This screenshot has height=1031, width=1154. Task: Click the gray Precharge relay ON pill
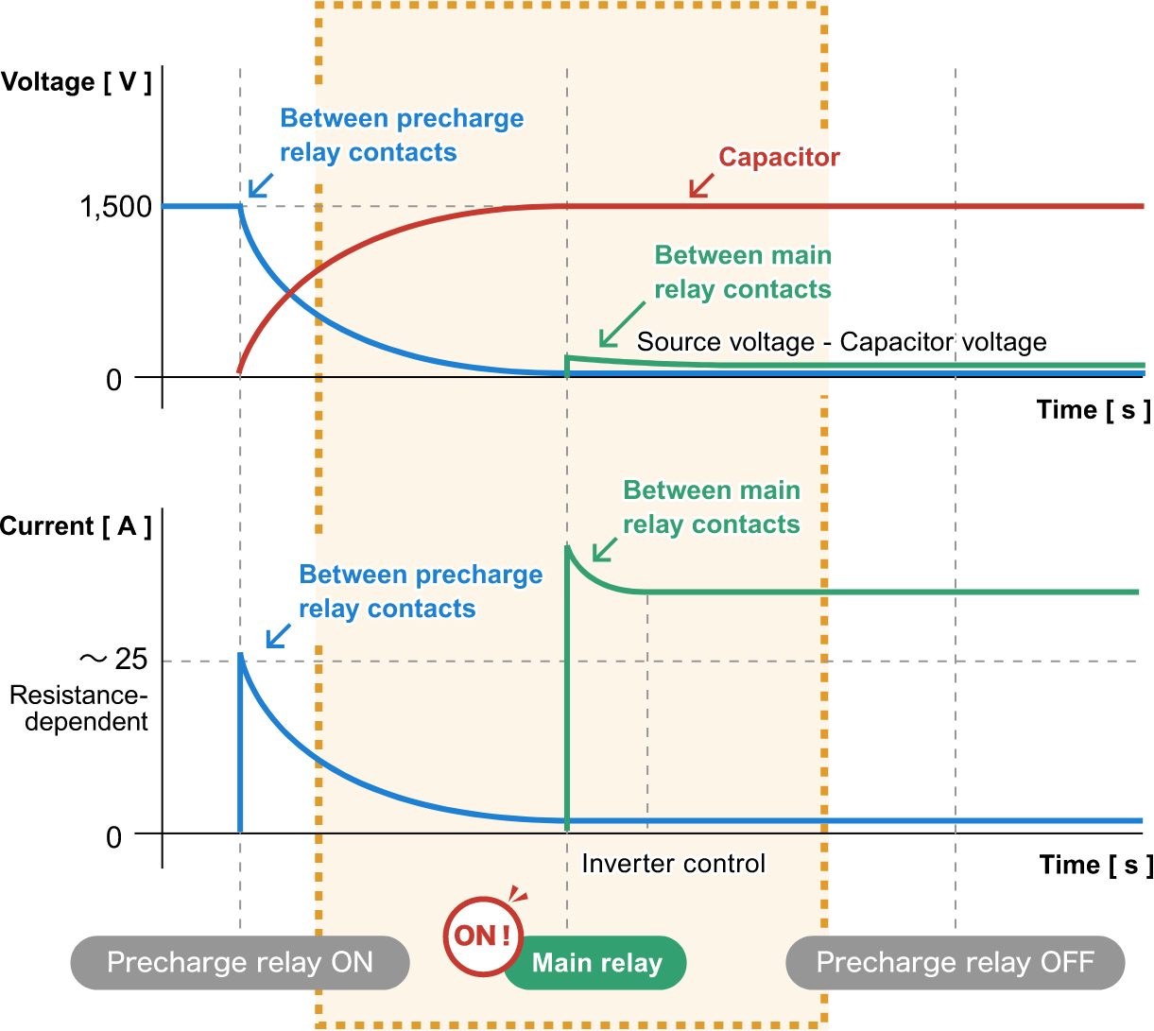point(240,963)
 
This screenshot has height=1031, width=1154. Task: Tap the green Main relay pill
point(596,963)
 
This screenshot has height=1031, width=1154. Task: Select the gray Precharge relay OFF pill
point(955,963)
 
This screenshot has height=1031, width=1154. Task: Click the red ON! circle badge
point(483,936)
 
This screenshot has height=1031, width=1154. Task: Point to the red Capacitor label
point(779,157)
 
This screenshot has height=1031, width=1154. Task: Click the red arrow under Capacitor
point(700,186)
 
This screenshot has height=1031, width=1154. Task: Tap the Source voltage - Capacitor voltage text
point(841,341)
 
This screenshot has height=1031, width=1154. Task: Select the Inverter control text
point(673,863)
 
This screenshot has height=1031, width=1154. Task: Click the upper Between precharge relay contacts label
point(401,135)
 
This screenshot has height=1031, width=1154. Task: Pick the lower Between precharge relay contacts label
point(420,592)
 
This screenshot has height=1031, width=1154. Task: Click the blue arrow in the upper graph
point(260,184)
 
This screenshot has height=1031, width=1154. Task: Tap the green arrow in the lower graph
point(605,549)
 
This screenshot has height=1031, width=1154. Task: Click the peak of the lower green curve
point(567,546)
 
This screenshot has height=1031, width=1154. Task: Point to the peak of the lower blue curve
point(242,656)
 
